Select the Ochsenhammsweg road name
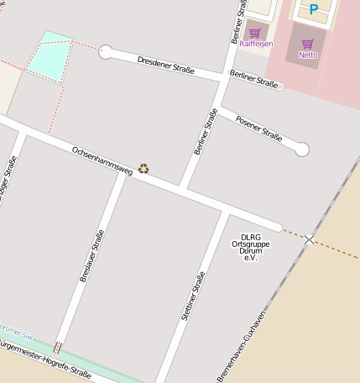(x=102, y=159)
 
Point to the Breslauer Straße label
(x=91, y=255)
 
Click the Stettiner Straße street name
(x=193, y=298)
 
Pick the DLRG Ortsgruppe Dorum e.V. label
(x=248, y=248)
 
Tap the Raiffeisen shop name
(x=255, y=44)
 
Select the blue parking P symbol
(x=314, y=10)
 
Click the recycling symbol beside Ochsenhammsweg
(x=144, y=169)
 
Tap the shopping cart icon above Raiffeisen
(x=254, y=34)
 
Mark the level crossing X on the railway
(x=310, y=240)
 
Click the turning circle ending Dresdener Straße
(x=106, y=53)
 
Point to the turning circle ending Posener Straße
(x=302, y=150)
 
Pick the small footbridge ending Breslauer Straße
(x=57, y=347)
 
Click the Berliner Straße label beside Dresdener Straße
(x=253, y=82)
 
